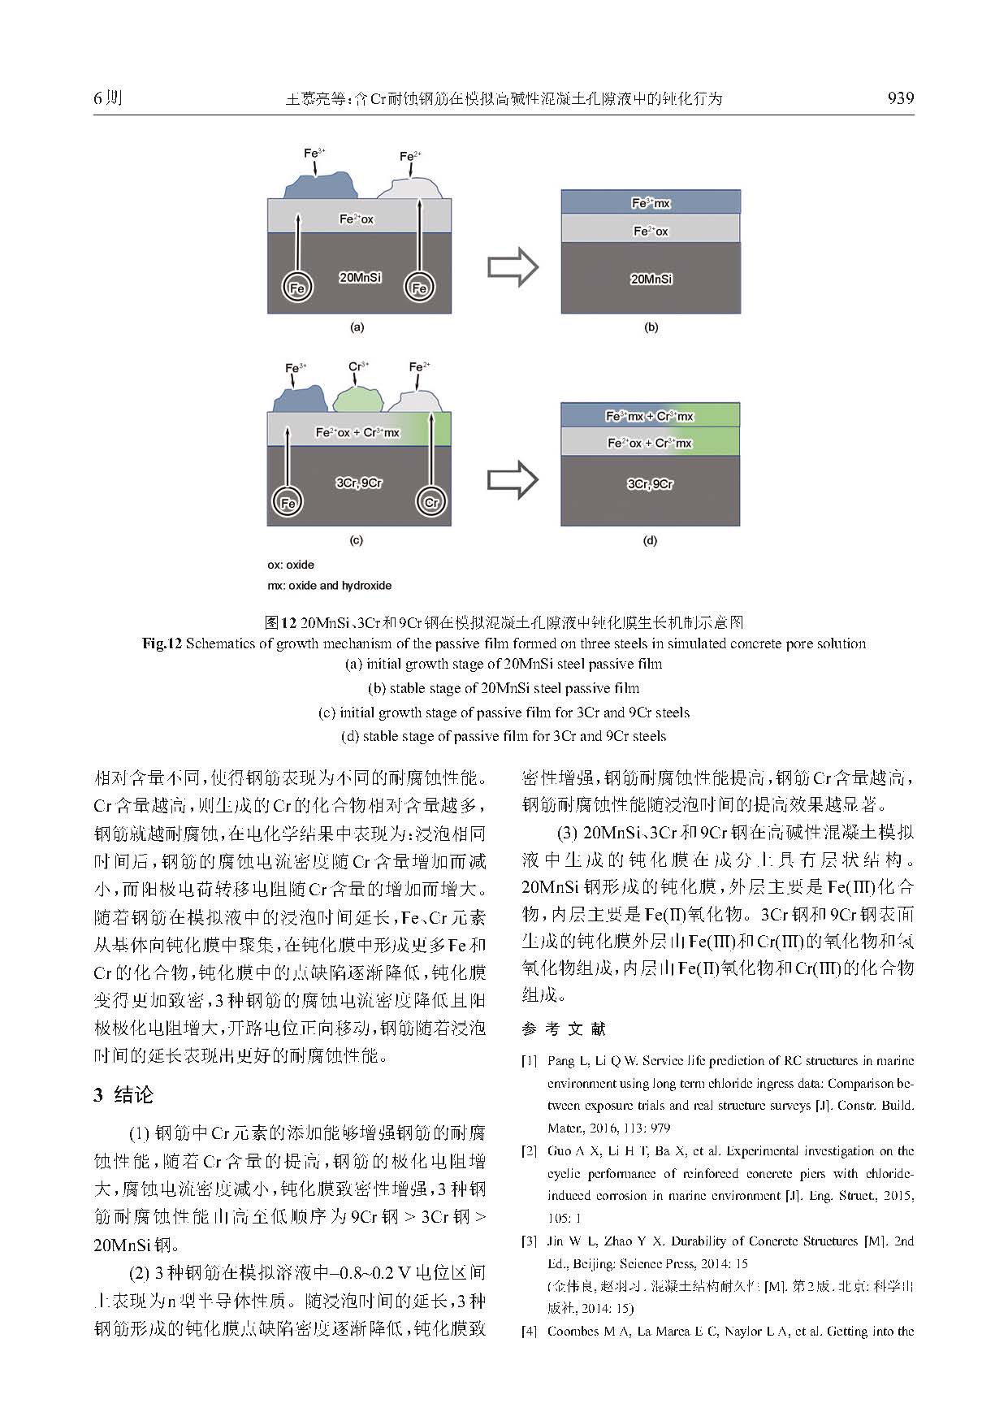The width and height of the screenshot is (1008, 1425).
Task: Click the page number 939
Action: (x=900, y=99)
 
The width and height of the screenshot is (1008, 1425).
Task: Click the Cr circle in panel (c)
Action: (x=432, y=503)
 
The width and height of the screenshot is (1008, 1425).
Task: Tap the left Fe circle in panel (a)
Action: (x=298, y=288)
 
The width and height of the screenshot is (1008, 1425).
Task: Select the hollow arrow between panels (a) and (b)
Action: (x=513, y=266)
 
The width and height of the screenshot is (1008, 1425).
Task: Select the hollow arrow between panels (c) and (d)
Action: (x=513, y=480)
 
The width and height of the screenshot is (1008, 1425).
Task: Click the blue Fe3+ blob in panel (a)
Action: (x=321, y=184)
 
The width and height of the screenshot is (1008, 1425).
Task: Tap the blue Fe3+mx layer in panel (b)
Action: (x=651, y=203)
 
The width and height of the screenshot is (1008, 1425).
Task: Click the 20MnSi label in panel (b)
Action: (x=651, y=279)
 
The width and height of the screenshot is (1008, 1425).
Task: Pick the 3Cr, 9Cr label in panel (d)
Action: (x=651, y=484)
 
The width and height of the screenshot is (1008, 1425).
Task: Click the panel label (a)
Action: (x=356, y=327)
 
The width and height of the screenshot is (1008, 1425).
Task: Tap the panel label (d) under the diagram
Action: (x=650, y=540)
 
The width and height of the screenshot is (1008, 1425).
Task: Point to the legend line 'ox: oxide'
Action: (x=291, y=565)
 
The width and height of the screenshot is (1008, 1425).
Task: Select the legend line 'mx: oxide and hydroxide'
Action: (x=329, y=586)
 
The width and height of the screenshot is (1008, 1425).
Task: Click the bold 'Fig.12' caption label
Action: (x=162, y=643)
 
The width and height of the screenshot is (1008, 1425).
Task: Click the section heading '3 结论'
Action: (x=123, y=1095)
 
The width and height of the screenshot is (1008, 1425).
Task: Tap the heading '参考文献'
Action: (x=564, y=1029)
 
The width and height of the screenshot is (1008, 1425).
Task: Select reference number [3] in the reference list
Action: (x=529, y=1241)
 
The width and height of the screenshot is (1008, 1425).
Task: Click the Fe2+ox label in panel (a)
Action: (x=357, y=219)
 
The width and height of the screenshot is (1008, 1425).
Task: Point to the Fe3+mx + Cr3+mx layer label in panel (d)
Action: (x=650, y=417)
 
